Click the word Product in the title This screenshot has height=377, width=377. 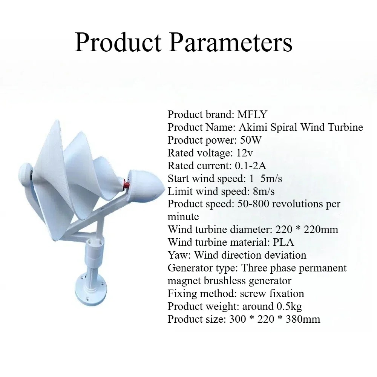[x=118, y=43]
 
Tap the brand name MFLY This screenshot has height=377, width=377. [x=252, y=115]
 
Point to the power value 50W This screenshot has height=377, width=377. [x=251, y=140]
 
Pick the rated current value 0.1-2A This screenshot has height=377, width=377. [x=250, y=166]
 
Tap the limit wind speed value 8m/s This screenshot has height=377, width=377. [x=264, y=192]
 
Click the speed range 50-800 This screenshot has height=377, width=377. [x=253, y=204]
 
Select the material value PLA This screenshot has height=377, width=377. [x=284, y=242]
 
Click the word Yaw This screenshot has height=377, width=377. [x=179, y=255]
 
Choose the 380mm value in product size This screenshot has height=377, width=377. [x=303, y=319]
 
